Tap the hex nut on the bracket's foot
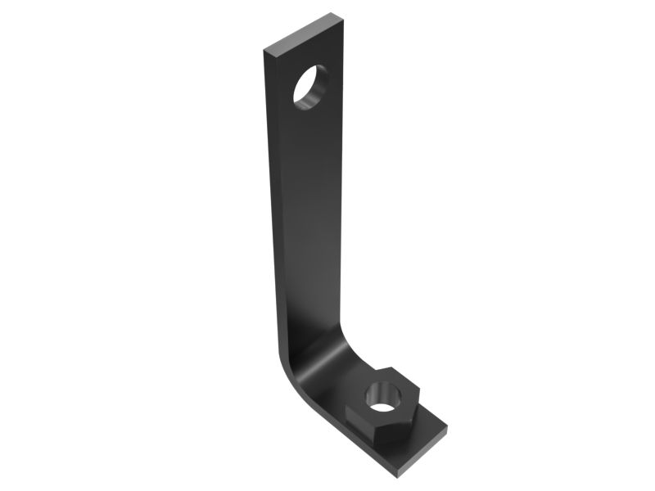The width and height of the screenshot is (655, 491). pyautogui.click(x=382, y=407)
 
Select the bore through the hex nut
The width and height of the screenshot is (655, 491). pyautogui.click(x=381, y=395)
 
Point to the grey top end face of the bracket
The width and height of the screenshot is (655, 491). pyautogui.click(x=304, y=33)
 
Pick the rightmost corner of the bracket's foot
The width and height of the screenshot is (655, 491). pyautogui.click(x=448, y=427)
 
